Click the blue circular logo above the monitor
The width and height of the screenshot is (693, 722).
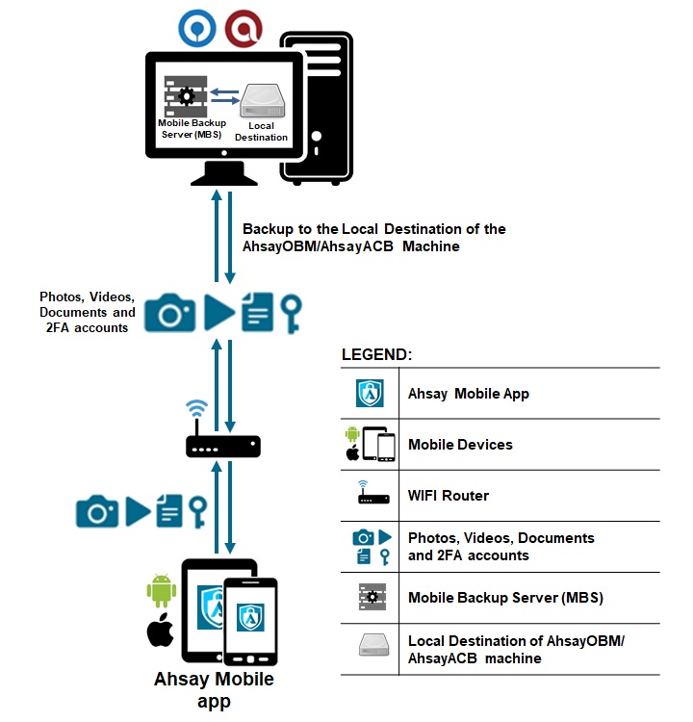click(197, 28)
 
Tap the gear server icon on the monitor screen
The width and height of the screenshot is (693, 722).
click(186, 96)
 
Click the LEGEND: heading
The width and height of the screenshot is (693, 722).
click(376, 354)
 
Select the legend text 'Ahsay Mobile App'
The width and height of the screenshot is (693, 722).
click(469, 394)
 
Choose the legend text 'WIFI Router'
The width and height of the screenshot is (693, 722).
click(449, 496)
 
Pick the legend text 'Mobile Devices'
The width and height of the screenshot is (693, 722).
click(460, 445)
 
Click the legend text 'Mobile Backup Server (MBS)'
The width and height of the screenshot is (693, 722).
click(505, 598)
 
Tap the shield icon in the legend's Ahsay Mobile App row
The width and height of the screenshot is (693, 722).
click(371, 394)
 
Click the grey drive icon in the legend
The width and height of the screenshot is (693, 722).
click(371, 648)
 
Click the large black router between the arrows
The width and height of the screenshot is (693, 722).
click(222, 446)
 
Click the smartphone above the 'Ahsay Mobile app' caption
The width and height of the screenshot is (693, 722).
click(250, 616)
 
